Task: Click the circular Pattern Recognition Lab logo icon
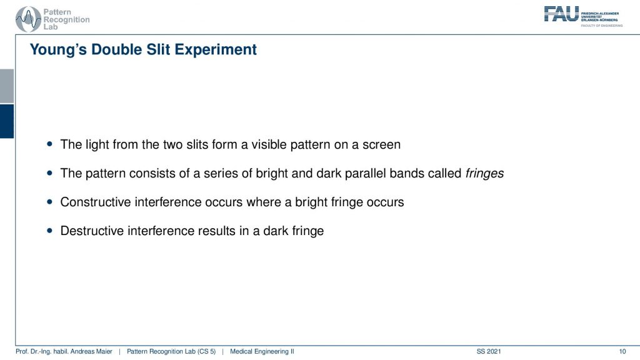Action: point(28,19)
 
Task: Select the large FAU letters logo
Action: point(561,14)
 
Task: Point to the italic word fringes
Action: point(484,174)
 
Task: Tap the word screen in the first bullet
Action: point(382,145)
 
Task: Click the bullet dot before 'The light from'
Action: point(50,144)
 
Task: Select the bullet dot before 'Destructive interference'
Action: point(50,231)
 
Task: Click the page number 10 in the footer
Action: point(622,351)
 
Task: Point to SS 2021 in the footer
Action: point(489,351)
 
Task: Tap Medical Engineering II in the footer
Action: point(262,351)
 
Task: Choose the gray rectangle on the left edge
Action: point(7,86)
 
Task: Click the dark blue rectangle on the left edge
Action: point(7,121)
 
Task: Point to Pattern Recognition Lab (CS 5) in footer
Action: point(171,351)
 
